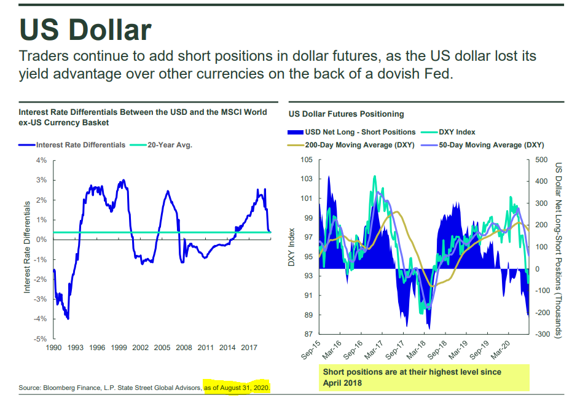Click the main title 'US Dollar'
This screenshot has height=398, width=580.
pyautogui.click(x=85, y=29)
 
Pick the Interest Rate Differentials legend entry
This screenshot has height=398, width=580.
pyautogui.click(x=80, y=145)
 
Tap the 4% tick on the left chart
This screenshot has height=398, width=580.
pyautogui.click(x=42, y=160)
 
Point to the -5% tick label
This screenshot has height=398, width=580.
pyautogui.click(x=40, y=338)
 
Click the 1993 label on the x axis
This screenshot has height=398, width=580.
pyautogui.click(x=76, y=348)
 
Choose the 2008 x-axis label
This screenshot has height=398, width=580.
pyautogui.click(x=184, y=348)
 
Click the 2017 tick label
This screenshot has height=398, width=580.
pyautogui.click(x=249, y=348)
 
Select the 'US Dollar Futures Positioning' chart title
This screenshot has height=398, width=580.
pyautogui.click(x=346, y=114)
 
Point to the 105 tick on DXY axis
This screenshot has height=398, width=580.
pyautogui.click(x=305, y=160)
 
